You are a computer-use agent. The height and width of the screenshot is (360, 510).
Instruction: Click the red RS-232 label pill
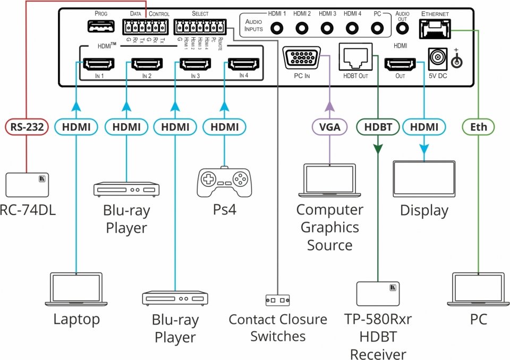coord(27,127)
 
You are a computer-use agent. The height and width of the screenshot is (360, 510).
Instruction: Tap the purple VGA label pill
coord(329,127)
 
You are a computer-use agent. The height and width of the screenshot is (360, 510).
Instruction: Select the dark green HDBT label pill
coord(378,127)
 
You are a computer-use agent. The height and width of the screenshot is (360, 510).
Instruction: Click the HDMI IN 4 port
coord(243,65)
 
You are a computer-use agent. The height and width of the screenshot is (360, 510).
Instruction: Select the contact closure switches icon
coord(277,300)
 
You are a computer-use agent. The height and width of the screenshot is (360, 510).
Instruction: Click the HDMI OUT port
coord(400,65)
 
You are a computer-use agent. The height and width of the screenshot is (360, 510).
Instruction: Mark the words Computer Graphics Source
coord(329,227)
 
